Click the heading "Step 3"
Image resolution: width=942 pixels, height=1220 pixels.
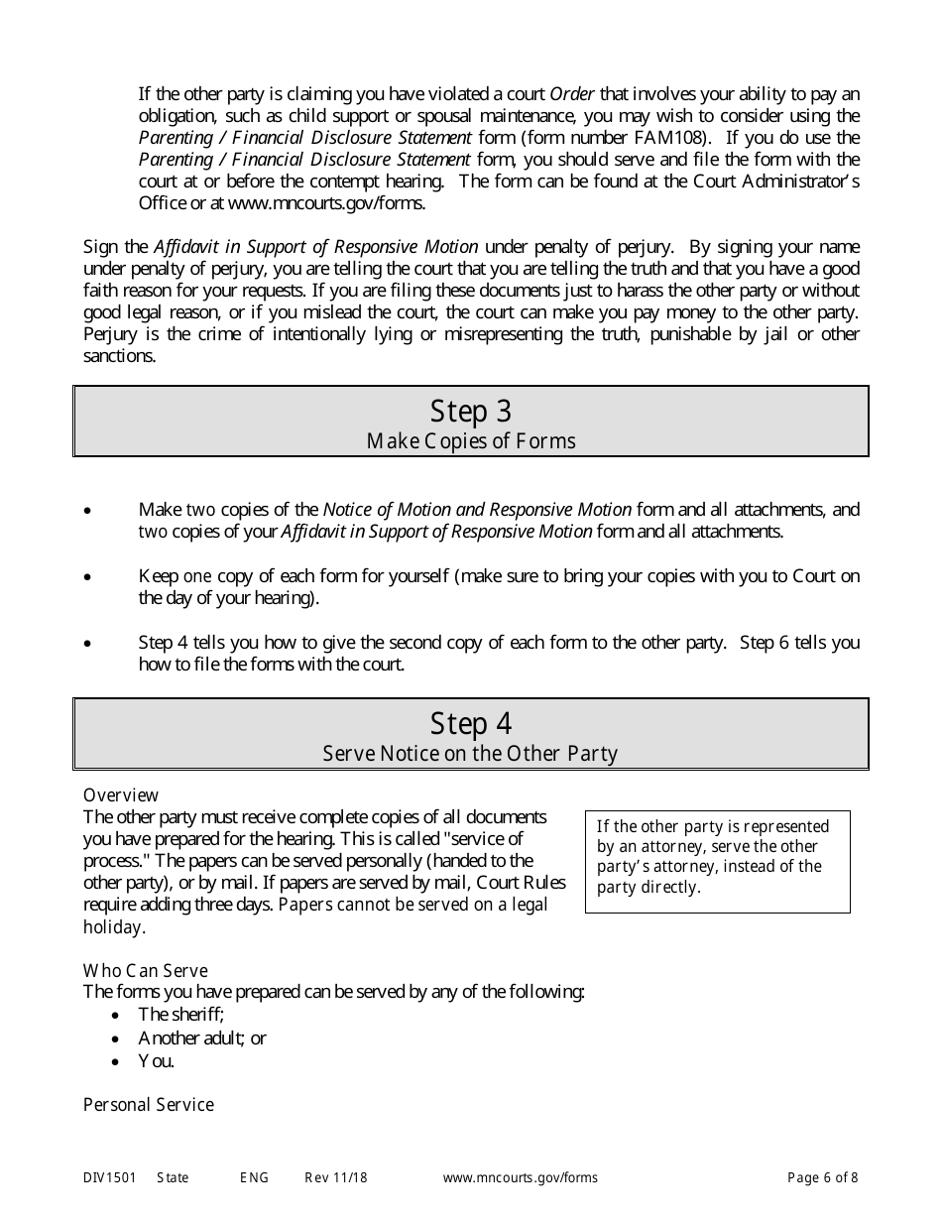pos(471,411)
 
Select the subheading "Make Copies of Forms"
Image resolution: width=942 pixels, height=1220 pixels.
pos(471,440)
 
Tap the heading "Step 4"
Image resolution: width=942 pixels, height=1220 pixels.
pos(471,723)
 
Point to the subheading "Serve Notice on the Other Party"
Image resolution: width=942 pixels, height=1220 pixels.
pos(471,754)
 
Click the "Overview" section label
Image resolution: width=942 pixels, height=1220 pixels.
pos(121,795)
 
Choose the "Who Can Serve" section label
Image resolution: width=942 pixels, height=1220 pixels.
pos(146,970)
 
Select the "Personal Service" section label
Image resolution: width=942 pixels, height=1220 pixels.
pos(149,1105)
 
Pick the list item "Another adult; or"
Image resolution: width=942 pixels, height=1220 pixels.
pos(202,1037)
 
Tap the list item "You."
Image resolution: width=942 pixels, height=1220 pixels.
pos(156,1061)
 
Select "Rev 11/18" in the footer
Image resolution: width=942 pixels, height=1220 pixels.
pos(336,1178)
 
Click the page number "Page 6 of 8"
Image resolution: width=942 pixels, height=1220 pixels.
pos(822,1178)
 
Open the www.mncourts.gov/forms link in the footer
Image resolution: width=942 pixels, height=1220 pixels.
pos(520,1178)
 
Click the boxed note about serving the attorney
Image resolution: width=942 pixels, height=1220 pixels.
pos(717,857)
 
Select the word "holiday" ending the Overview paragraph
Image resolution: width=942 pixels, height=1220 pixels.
pos(113,927)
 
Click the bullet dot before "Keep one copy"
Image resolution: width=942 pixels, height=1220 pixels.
pos(88,577)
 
